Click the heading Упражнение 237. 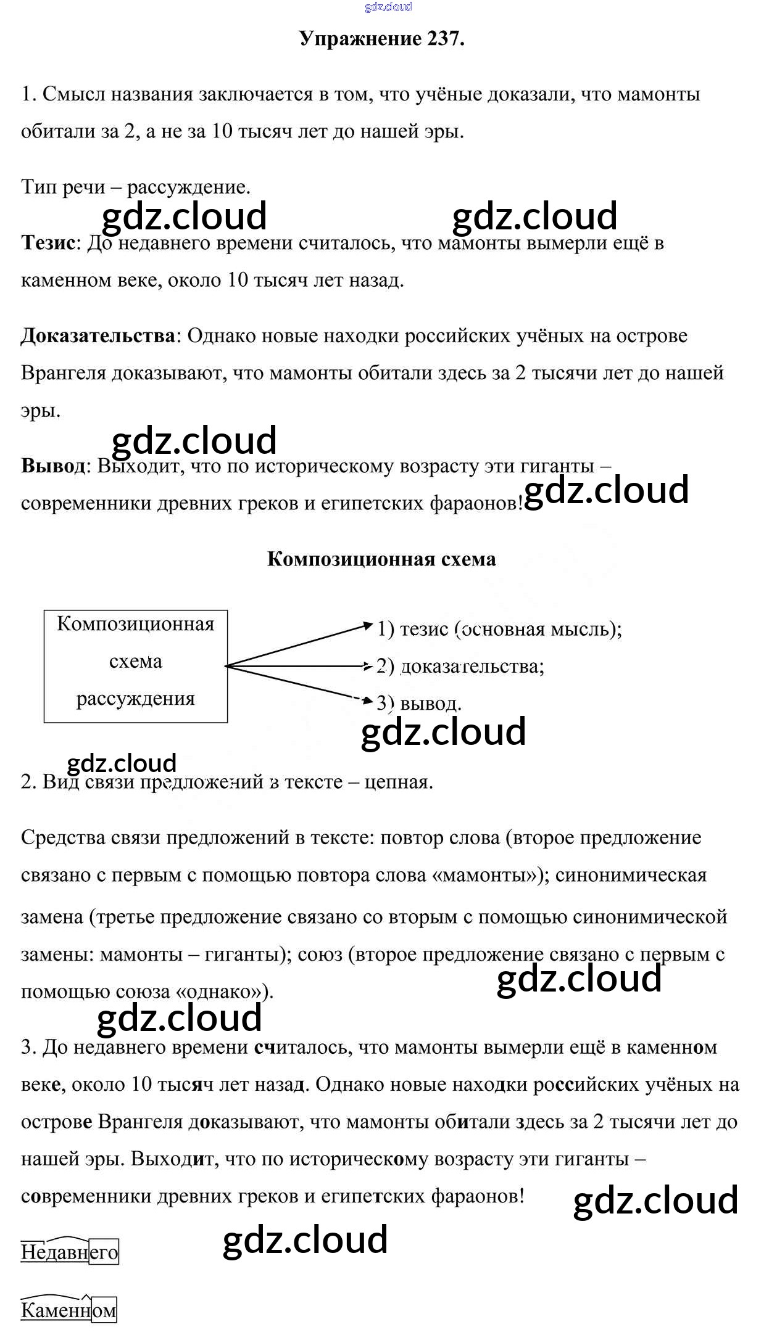381,39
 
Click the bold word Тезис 48,243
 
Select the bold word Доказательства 98,336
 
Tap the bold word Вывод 53,466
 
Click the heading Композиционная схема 381,559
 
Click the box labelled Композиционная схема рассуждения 136,666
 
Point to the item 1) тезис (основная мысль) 499,629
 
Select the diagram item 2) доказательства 460,667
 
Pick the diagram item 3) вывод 419,704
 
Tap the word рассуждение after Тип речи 188,187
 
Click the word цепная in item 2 399,782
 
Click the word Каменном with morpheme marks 69,1310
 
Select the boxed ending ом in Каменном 104,1310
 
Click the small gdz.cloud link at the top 388,7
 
